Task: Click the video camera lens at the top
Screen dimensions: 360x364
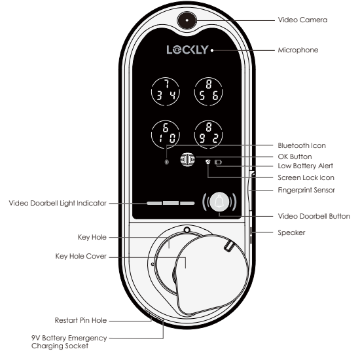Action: coord(187,20)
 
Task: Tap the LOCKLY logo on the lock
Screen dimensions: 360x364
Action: coord(188,50)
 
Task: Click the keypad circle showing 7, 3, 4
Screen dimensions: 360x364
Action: coord(165,92)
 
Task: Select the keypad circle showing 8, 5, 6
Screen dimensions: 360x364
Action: coord(208,92)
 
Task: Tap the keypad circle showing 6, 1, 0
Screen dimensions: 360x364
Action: coord(165,135)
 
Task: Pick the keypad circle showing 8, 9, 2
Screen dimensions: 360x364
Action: coord(208,135)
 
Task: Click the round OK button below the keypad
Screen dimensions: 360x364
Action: coord(188,159)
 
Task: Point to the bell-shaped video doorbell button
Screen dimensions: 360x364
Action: coord(219,202)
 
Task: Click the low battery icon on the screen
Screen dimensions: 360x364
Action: coord(218,162)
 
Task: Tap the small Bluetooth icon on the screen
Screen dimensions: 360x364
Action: coord(166,162)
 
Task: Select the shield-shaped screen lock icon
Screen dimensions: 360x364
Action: coord(208,162)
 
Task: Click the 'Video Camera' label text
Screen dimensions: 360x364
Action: coord(302,20)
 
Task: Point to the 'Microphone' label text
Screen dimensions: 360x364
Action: coord(298,50)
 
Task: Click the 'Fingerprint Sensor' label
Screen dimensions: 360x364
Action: coord(306,190)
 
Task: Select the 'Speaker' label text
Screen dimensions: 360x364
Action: coord(291,232)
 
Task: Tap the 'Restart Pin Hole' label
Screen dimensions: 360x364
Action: coord(81,320)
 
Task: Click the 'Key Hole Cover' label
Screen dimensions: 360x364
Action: coord(81,256)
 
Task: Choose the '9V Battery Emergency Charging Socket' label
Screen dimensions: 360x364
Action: coord(69,342)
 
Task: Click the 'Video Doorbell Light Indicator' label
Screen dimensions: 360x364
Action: coord(58,203)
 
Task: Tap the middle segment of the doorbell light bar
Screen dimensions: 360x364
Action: coord(171,203)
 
